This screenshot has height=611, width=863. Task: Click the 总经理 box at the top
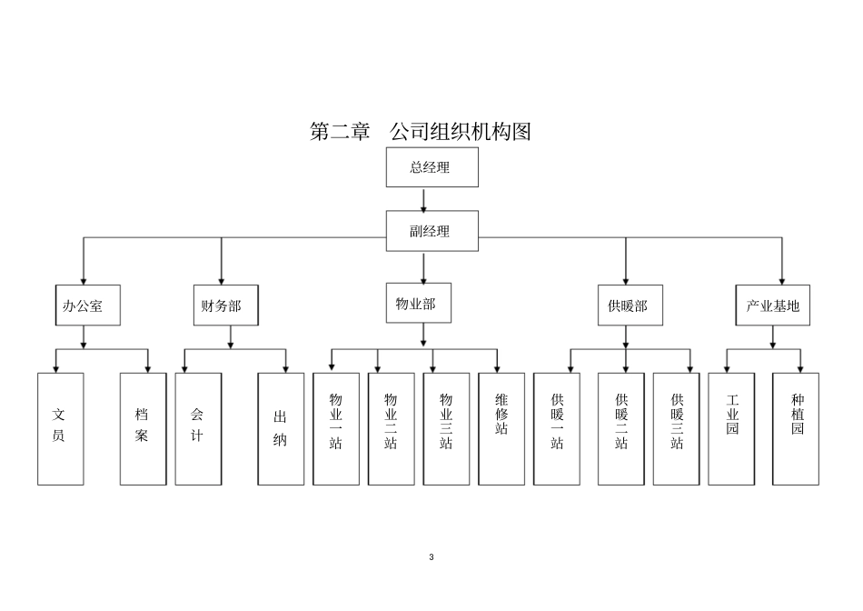(431, 167)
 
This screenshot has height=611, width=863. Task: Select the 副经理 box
(431, 231)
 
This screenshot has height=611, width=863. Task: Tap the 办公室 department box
(83, 305)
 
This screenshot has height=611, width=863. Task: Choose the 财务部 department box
(222, 305)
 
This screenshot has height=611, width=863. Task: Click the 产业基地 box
(772, 305)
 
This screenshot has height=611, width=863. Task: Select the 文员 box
(60, 428)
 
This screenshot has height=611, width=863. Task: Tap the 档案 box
(143, 428)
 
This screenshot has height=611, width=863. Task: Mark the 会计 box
(198, 428)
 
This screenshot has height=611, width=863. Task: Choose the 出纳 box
(281, 428)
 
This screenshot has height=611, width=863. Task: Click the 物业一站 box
(336, 428)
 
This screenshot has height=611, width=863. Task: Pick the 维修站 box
(501, 428)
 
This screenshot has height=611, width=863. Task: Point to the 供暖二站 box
(621, 428)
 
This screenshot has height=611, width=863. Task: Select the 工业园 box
(731, 428)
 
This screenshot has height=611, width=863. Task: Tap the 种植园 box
(796, 428)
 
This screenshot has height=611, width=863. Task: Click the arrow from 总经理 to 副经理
(424, 199)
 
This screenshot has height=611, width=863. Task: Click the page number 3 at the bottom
(431, 556)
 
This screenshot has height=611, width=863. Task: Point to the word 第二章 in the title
(340, 132)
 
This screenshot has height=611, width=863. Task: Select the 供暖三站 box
(677, 428)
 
